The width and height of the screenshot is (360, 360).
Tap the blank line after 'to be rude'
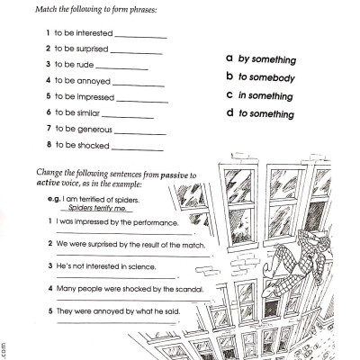click(121, 67)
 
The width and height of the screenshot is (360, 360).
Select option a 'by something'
click(266, 59)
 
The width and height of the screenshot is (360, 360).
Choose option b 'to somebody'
click(266, 77)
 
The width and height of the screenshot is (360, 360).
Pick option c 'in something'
click(266, 95)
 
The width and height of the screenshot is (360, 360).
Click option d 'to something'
click(266, 113)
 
